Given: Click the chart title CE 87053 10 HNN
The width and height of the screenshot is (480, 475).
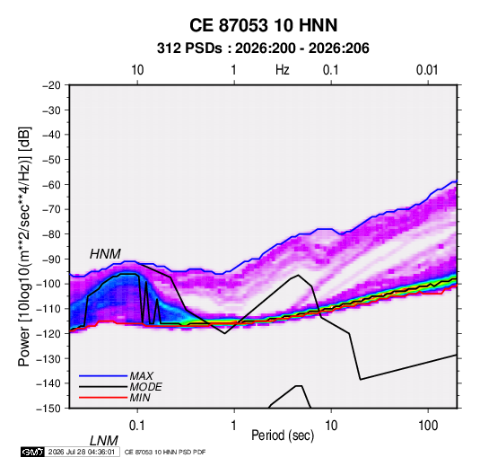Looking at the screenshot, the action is coord(263,25).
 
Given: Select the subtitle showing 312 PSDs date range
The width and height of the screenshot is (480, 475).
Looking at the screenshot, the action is coord(263,48).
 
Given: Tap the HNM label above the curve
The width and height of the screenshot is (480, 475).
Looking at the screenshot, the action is coord(105,254).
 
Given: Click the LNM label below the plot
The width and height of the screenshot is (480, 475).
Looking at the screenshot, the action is coord(104,441).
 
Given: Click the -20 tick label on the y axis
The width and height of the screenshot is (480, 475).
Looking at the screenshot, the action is coord(51,85).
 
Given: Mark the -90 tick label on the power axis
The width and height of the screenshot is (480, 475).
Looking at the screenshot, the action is coord(51,259).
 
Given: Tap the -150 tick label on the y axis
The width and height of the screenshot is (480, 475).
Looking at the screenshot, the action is coord(48,409).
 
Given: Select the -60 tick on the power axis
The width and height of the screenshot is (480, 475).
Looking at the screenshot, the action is coord(51,184).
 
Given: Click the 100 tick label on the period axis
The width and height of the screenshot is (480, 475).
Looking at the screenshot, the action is coord(428,426).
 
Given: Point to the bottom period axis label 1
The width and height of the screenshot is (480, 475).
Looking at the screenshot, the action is coord(234,426).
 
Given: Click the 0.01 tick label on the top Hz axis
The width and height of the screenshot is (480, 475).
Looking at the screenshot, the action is coord(427,70).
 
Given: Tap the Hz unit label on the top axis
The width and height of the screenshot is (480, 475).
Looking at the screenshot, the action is coord(283,70).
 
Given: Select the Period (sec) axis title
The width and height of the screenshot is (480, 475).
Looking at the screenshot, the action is coord(283,435).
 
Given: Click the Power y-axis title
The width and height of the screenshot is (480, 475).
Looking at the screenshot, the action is coord(24,246).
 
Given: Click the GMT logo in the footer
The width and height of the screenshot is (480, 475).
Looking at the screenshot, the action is coord(32,452).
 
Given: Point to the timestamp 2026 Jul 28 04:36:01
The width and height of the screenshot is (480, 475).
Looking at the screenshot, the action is coord(82,452).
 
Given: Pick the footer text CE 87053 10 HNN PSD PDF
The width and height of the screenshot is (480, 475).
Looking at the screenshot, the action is coord(165,452).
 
